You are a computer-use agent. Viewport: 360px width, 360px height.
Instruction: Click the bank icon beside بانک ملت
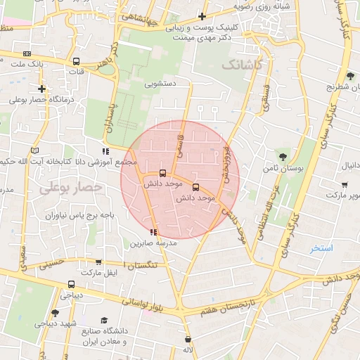click(x=27, y=53)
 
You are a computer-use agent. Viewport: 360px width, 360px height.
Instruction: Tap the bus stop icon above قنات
click(x=76, y=60)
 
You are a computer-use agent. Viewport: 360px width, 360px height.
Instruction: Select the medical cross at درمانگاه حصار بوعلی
click(x=42, y=89)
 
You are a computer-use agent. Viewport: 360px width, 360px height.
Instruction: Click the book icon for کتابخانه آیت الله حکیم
click(x=36, y=150)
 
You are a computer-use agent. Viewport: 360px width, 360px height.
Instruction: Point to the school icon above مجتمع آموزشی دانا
click(x=105, y=151)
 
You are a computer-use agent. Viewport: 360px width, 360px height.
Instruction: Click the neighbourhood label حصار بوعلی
click(x=70, y=188)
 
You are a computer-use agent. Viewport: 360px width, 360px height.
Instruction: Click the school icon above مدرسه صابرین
click(x=154, y=232)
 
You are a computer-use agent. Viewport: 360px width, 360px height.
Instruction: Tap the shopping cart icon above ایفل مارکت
click(x=98, y=262)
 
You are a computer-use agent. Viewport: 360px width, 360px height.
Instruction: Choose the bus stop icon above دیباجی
click(x=70, y=285)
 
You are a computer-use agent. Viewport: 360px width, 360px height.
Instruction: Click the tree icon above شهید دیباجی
click(x=55, y=312)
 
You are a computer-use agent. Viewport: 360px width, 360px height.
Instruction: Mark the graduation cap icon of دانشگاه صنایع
click(x=105, y=320)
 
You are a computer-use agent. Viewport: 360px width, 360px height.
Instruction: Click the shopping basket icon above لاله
click(x=187, y=339)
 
